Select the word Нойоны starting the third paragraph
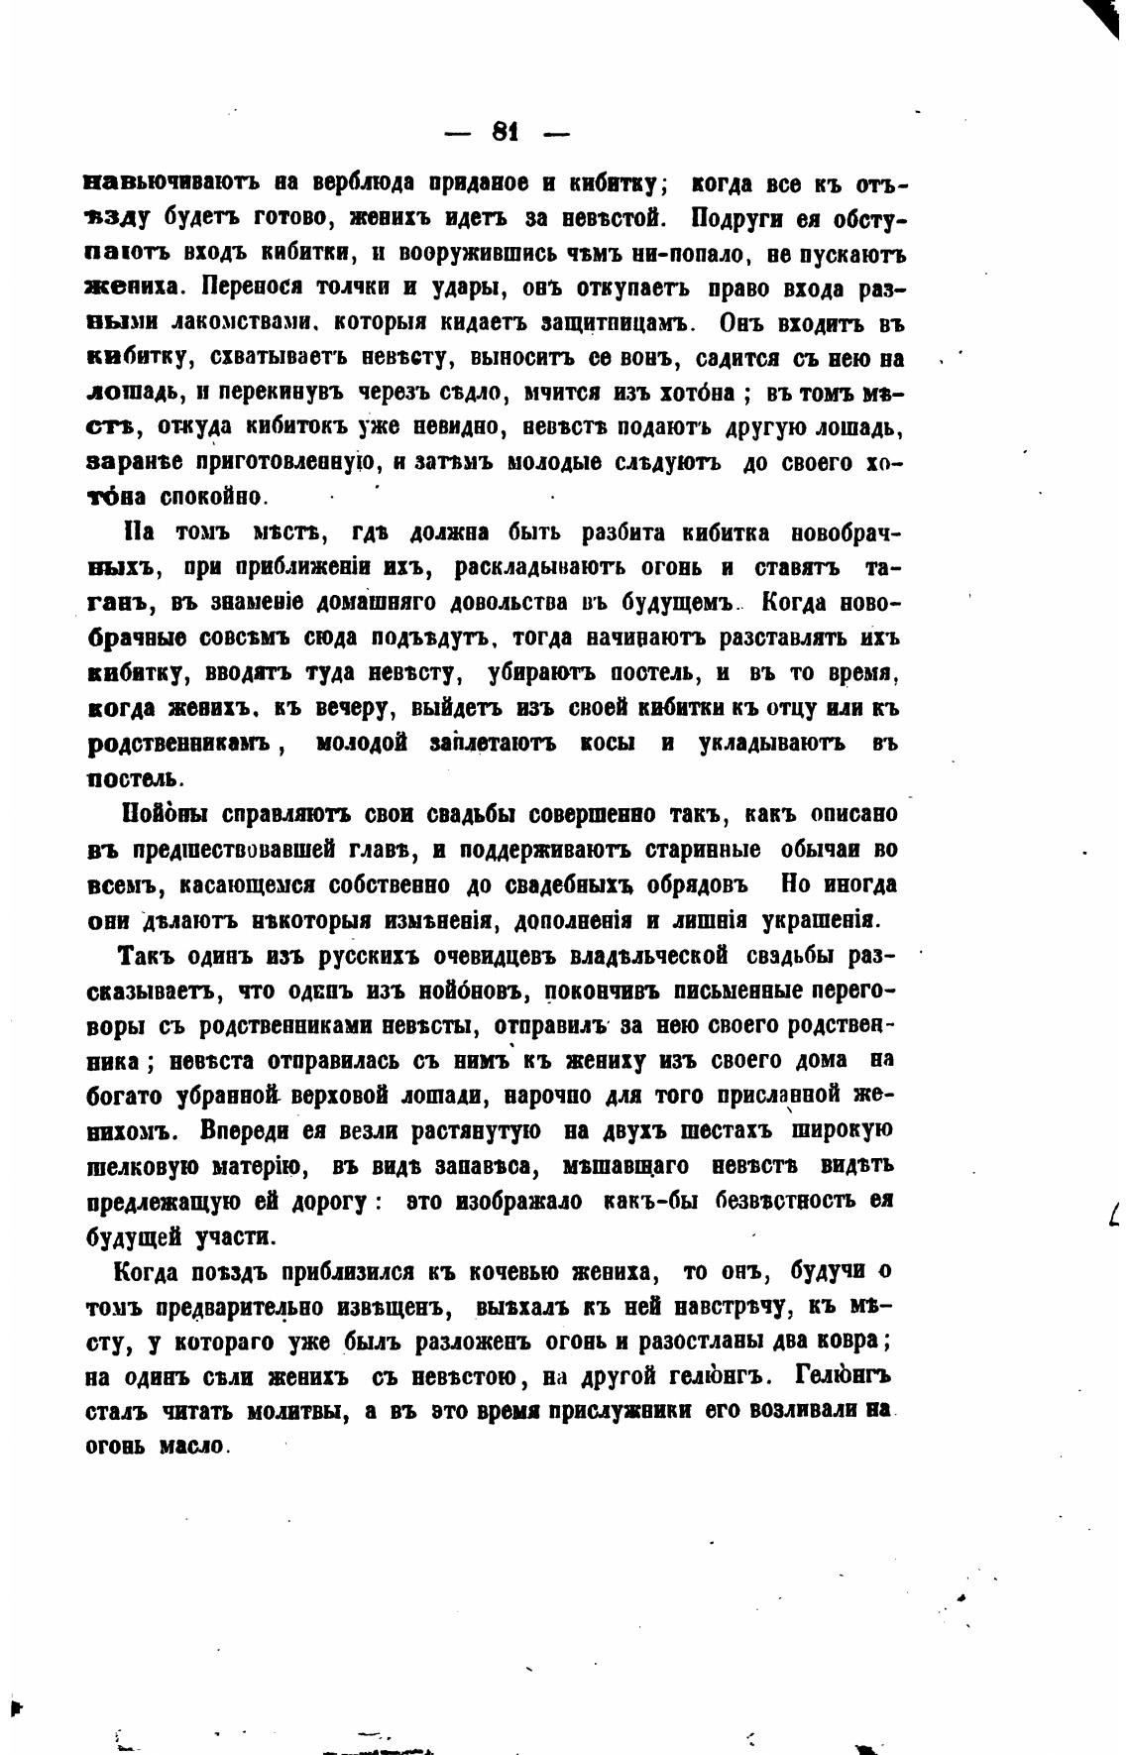pos(163,814)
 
